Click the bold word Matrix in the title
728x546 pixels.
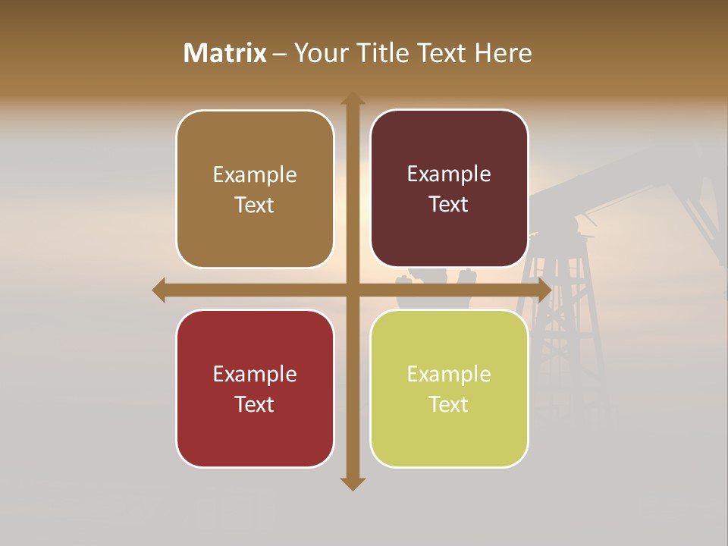pyautogui.click(x=225, y=53)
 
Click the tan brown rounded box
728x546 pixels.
pyautogui.click(x=255, y=190)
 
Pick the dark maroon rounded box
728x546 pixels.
pyautogui.click(x=449, y=189)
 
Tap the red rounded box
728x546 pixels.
pyautogui.click(x=255, y=388)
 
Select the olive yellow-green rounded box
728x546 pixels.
pyautogui.click(x=449, y=388)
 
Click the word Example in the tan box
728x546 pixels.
pyautogui.click(x=255, y=175)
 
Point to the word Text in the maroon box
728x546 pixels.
pyautogui.click(x=449, y=205)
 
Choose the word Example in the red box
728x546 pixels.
pyautogui.click(x=255, y=374)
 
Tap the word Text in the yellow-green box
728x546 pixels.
pyautogui.click(x=449, y=404)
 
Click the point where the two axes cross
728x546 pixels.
pyautogui.click(x=353, y=290)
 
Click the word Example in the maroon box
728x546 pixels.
pyautogui.click(x=449, y=174)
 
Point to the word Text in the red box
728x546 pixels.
pyautogui.click(x=255, y=404)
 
